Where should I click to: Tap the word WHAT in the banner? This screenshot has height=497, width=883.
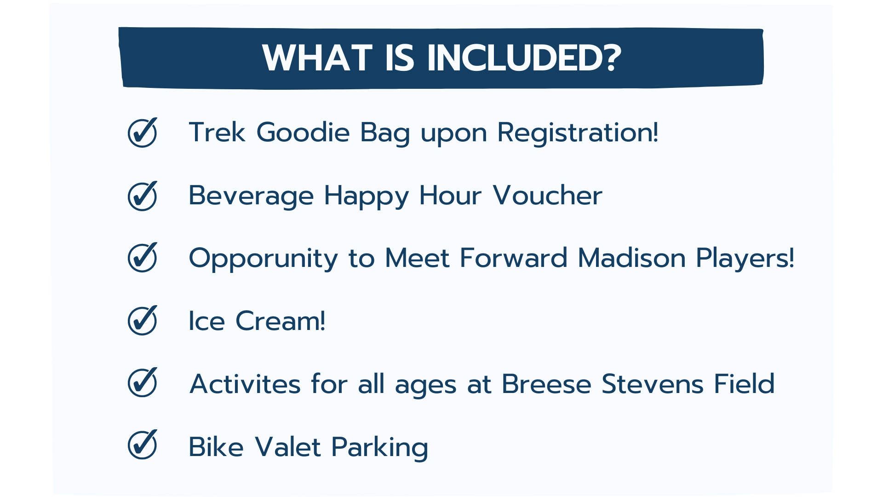point(317,58)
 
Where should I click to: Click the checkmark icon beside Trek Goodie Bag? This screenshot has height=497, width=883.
point(143,133)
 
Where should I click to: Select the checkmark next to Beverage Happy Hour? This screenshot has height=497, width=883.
point(143,196)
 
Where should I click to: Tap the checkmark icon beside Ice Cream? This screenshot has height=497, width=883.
point(143,320)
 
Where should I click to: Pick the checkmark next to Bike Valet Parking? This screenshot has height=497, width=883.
point(143,445)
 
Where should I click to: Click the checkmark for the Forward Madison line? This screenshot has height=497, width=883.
point(143,257)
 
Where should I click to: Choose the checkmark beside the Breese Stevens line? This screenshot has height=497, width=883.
point(143,382)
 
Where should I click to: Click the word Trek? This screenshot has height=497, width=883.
point(217,133)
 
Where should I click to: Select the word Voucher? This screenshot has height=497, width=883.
point(547,196)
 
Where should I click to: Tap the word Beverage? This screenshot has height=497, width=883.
point(251,197)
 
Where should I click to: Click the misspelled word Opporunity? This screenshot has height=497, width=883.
point(264,259)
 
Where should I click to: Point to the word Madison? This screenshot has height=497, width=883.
point(631,258)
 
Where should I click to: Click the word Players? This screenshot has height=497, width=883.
point(745,259)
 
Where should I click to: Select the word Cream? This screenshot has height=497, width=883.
point(280,321)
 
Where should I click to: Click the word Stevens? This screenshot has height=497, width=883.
point(652,384)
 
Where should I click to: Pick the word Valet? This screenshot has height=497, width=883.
point(287,446)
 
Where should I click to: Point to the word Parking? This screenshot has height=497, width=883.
point(379,448)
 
